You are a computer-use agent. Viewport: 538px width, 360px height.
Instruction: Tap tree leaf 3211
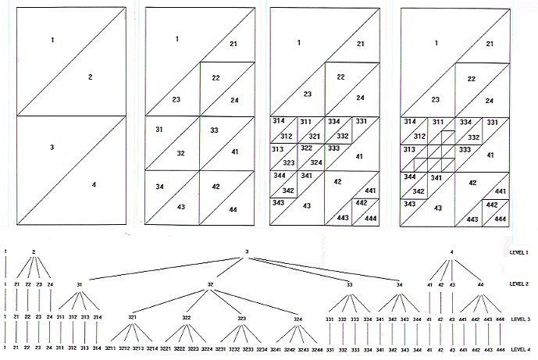click(111, 346)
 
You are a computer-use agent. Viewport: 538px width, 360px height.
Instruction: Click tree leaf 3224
click(203, 346)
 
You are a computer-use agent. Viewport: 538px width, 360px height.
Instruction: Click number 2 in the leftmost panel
click(91, 77)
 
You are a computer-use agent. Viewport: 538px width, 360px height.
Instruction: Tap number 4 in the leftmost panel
click(94, 185)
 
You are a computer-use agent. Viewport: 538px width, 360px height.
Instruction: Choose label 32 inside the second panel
click(181, 153)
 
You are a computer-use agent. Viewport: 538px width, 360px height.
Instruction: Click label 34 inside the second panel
click(159, 187)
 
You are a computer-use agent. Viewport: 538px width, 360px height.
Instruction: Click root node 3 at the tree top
click(246, 251)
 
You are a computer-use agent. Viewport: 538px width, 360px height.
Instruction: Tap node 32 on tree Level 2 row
click(210, 284)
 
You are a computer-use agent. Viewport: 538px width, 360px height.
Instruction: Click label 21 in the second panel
click(233, 45)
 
